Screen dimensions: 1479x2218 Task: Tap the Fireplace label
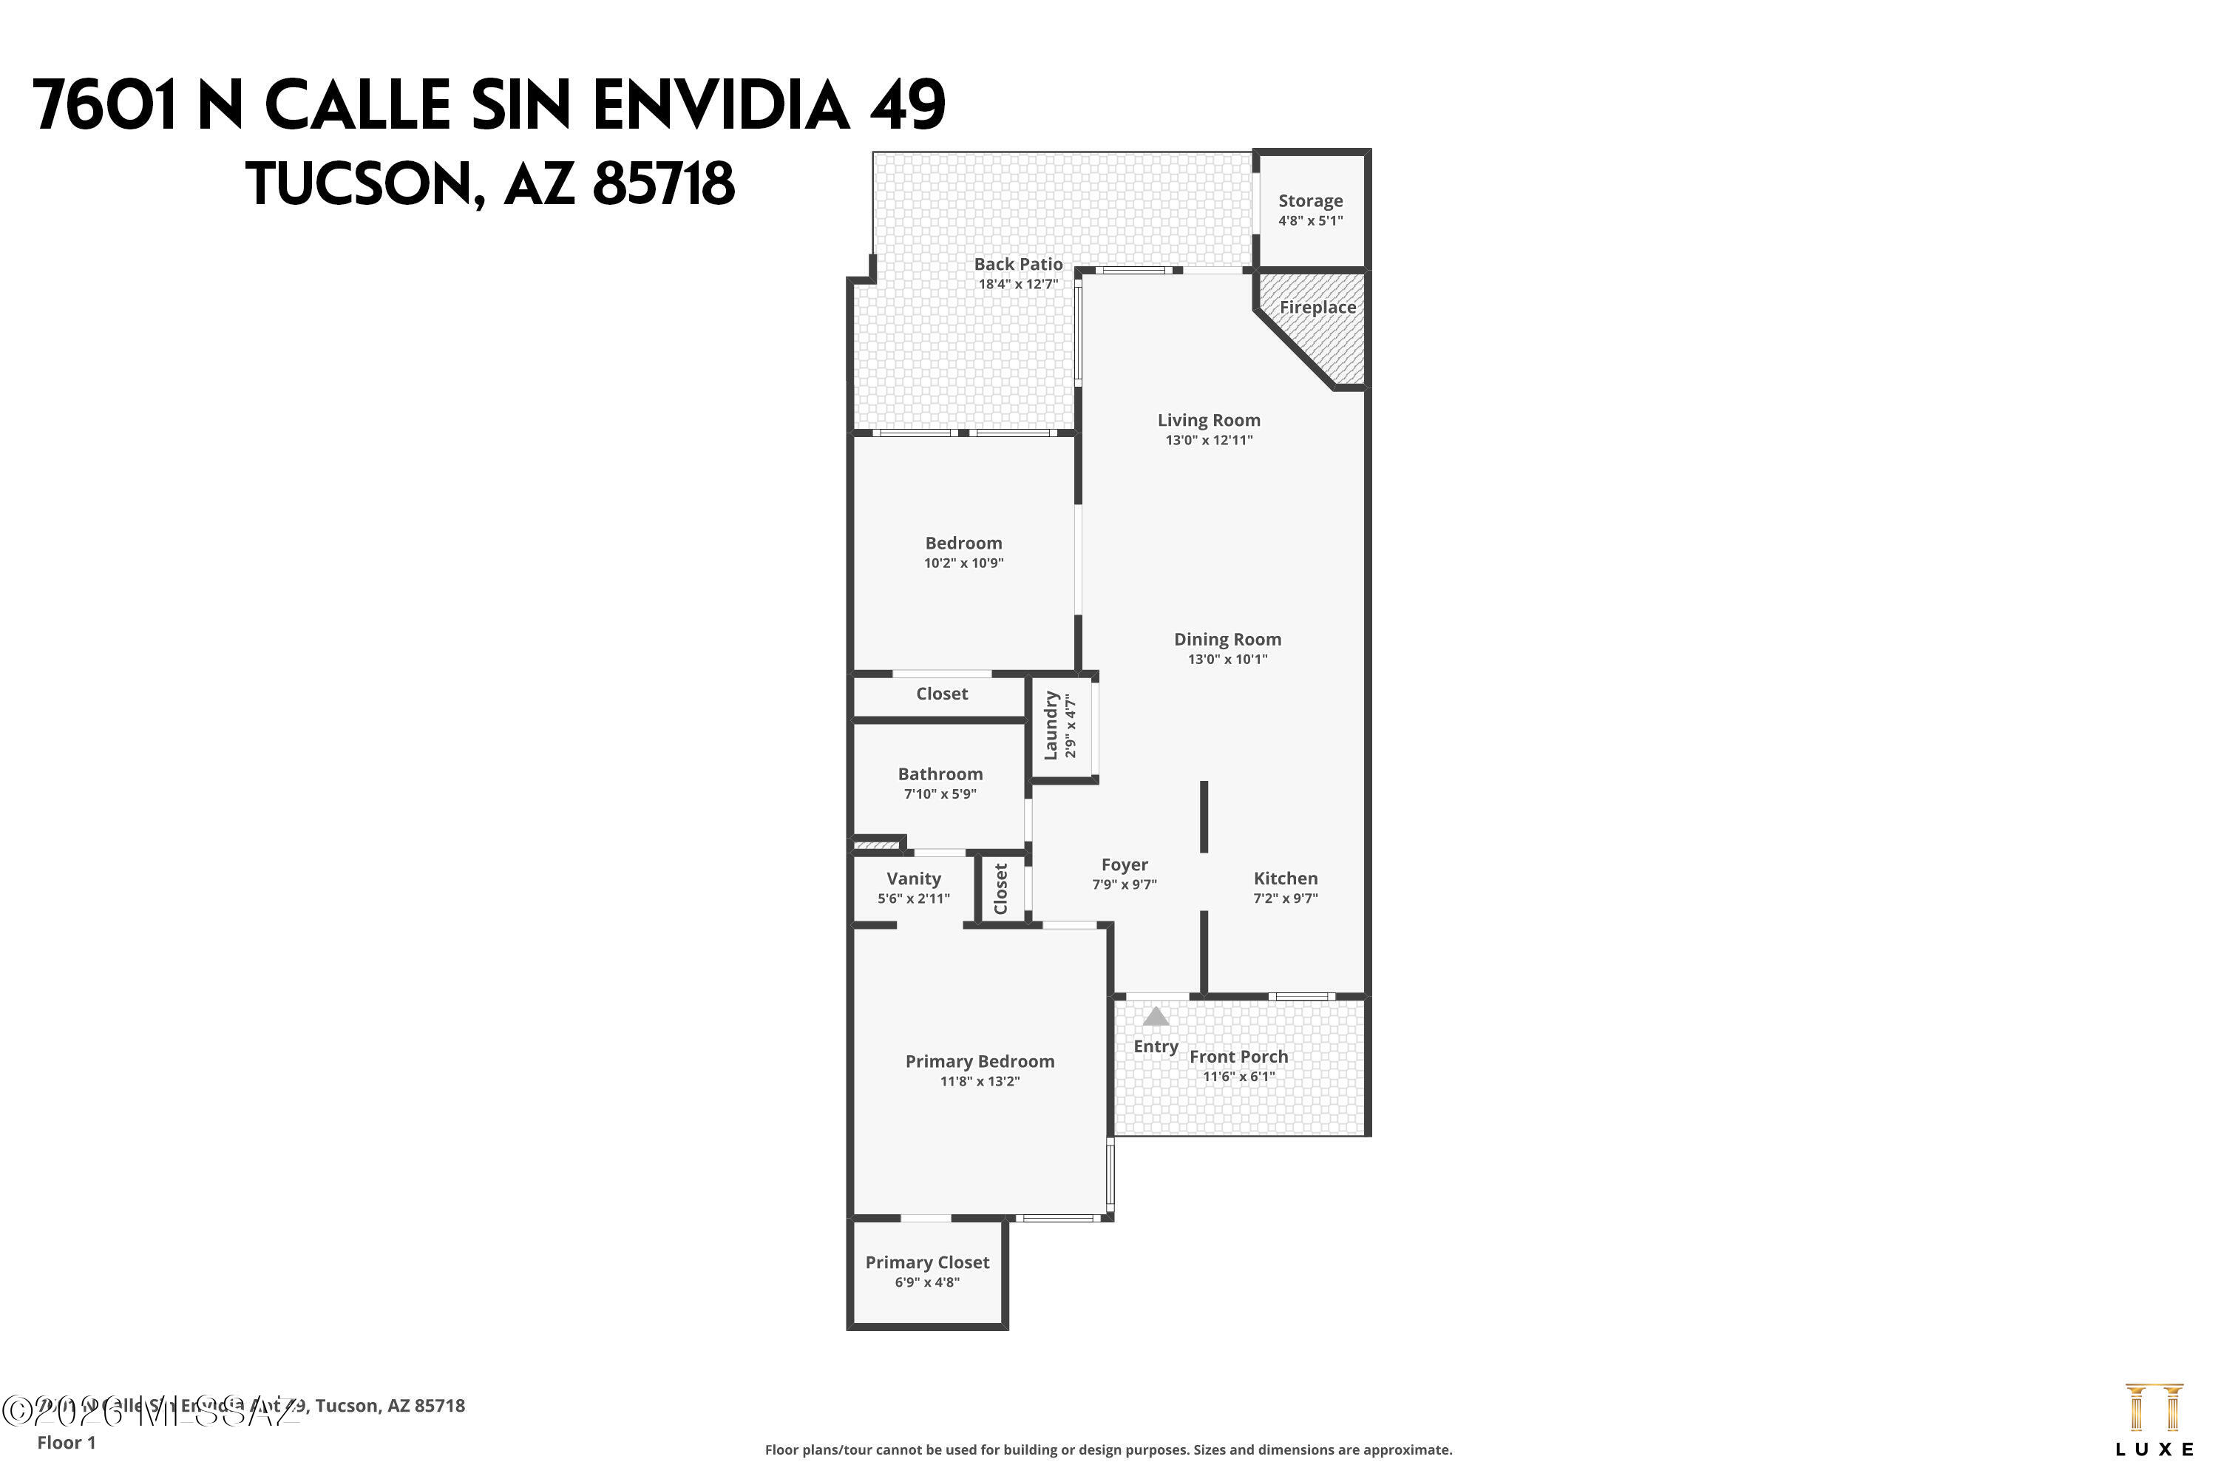[1317, 308]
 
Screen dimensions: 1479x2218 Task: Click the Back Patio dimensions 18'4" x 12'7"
[1019, 284]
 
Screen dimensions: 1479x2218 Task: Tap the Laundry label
[1050, 725]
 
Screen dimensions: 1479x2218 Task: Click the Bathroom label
[940, 774]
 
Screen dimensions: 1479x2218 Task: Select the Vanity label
[914, 879]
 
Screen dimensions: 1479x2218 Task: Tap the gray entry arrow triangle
[1156, 1017]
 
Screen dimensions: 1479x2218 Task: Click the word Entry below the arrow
[1156, 1047]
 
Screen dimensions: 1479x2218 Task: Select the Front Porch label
[1238, 1057]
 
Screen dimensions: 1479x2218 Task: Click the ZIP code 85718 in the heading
[663, 184]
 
